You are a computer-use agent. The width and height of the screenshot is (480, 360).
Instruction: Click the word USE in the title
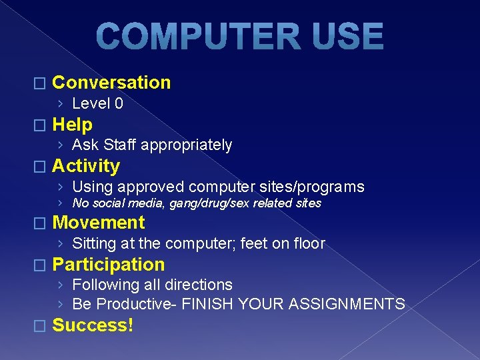pos(345,37)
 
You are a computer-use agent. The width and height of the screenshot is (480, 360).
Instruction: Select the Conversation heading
pos(111,83)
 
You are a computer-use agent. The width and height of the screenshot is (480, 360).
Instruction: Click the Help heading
pos(72,125)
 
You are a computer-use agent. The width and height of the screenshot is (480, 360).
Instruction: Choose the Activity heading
pos(86,166)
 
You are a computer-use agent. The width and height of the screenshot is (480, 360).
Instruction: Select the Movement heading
pos(98,223)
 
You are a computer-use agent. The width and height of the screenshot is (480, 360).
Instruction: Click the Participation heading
pos(108,265)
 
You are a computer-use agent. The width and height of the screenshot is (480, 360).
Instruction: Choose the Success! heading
pos(93,325)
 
